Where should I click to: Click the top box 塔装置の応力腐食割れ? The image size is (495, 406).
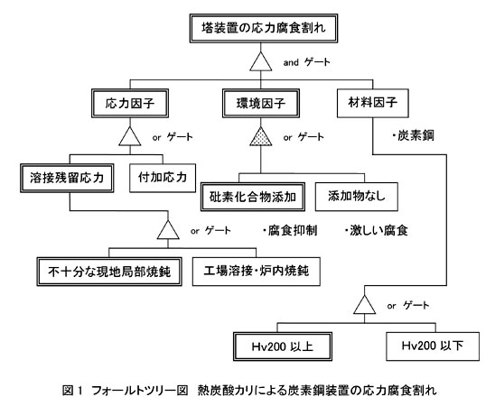click(264, 28)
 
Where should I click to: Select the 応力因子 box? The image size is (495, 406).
click(130, 104)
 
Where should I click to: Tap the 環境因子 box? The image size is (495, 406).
click(261, 104)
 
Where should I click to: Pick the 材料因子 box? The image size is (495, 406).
click(373, 103)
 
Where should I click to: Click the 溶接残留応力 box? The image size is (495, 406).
click(67, 178)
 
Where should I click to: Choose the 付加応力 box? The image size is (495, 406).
click(163, 178)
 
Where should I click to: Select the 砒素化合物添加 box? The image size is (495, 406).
click(253, 197)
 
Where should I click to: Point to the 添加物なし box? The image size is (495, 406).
click(357, 197)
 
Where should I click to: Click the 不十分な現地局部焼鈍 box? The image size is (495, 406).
click(109, 272)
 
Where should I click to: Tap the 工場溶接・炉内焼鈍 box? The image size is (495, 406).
click(257, 272)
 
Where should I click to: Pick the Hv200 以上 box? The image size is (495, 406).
click(283, 346)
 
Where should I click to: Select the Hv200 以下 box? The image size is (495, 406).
click(433, 346)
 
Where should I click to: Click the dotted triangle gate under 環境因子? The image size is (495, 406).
click(261, 136)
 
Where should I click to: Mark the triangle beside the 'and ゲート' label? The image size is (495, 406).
click(261, 61)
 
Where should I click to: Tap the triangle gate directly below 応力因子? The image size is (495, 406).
click(130, 136)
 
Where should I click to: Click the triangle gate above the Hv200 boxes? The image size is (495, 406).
click(365, 305)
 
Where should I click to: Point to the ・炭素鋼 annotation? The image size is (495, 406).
click(413, 136)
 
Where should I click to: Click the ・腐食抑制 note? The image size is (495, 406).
click(289, 230)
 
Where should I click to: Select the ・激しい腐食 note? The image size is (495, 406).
click(377, 230)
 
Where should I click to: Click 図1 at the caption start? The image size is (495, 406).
click(72, 391)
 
